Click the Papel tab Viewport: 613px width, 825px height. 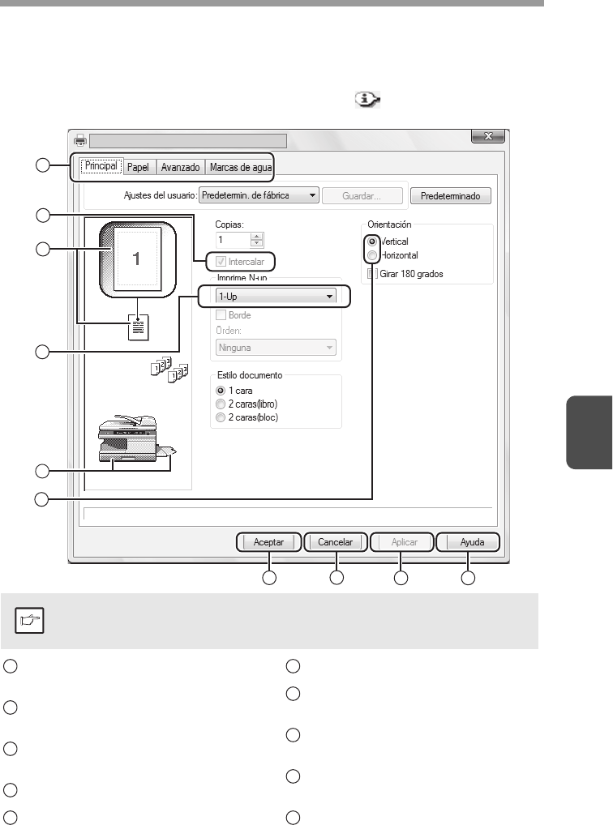138,168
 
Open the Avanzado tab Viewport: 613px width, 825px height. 180,168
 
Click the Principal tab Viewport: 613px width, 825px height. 102,168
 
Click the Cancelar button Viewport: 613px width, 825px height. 335,542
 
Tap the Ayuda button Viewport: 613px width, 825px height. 467,542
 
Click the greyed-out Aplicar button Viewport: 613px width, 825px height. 402,542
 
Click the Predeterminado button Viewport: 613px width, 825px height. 450,195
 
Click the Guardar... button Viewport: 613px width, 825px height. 363,195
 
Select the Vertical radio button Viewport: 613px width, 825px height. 372,242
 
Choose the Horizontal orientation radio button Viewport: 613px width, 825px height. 372,255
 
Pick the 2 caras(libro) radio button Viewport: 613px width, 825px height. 221,404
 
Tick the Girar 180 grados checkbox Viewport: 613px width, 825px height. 372,274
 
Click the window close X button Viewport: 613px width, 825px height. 489,139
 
